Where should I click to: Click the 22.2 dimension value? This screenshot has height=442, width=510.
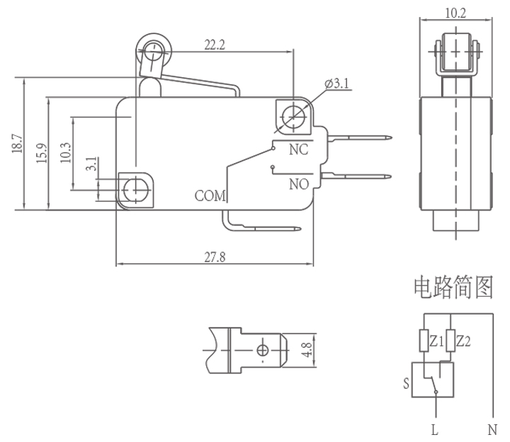[x=215, y=45]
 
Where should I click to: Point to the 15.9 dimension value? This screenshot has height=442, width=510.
[x=40, y=152]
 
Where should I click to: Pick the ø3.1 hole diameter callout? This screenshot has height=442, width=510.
[x=337, y=84]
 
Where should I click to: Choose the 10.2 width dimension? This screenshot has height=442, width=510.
[x=455, y=12]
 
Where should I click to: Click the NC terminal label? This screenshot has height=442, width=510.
[x=297, y=150]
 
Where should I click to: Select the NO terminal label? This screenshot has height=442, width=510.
[x=298, y=184]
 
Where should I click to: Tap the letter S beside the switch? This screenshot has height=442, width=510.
[x=407, y=385]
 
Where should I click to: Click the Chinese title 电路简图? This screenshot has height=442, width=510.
[x=453, y=288]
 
